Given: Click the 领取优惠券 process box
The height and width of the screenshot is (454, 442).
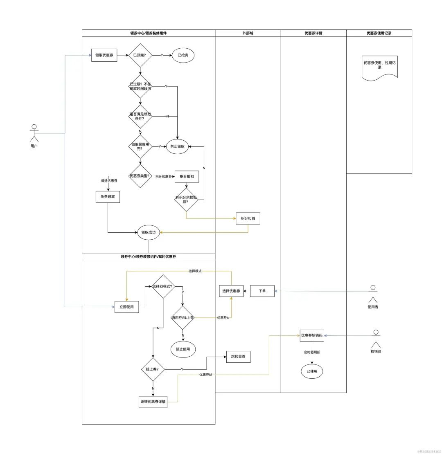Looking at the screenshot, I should [x=104, y=55].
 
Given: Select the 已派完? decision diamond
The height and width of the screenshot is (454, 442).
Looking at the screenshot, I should [x=140, y=55].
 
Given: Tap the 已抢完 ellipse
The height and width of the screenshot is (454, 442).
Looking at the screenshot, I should [x=183, y=55].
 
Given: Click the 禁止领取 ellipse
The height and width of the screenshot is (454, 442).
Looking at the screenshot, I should [x=177, y=146].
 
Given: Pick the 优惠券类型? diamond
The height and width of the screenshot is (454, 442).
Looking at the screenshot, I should [x=140, y=176].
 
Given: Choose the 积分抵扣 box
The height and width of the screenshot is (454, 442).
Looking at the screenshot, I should [x=187, y=176].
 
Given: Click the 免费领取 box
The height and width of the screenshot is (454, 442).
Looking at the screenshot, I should [x=108, y=196].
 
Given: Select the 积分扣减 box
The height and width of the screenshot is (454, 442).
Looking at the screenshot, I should [x=248, y=219].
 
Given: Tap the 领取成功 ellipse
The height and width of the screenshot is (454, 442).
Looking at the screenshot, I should [x=148, y=232].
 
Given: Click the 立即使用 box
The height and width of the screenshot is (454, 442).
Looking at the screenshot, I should [x=126, y=306].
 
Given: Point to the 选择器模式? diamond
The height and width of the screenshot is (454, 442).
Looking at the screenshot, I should [x=163, y=286].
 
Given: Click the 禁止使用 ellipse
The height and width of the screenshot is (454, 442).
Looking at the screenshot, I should [x=183, y=349].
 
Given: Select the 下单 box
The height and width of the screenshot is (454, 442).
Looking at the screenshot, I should [x=262, y=291].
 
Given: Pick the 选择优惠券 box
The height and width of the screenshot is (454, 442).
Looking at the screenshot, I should [x=231, y=291].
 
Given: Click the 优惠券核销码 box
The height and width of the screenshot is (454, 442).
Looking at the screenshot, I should [x=312, y=335].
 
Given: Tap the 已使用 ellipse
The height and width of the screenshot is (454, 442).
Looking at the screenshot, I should [x=312, y=371].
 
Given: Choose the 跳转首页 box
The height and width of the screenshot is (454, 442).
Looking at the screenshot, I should [x=238, y=357].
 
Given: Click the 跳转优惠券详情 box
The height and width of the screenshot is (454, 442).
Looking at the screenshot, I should [x=153, y=402].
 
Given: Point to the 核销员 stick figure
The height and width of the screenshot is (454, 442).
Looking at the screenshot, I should [x=376, y=339].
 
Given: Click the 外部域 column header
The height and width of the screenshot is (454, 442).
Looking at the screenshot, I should [x=248, y=33].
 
